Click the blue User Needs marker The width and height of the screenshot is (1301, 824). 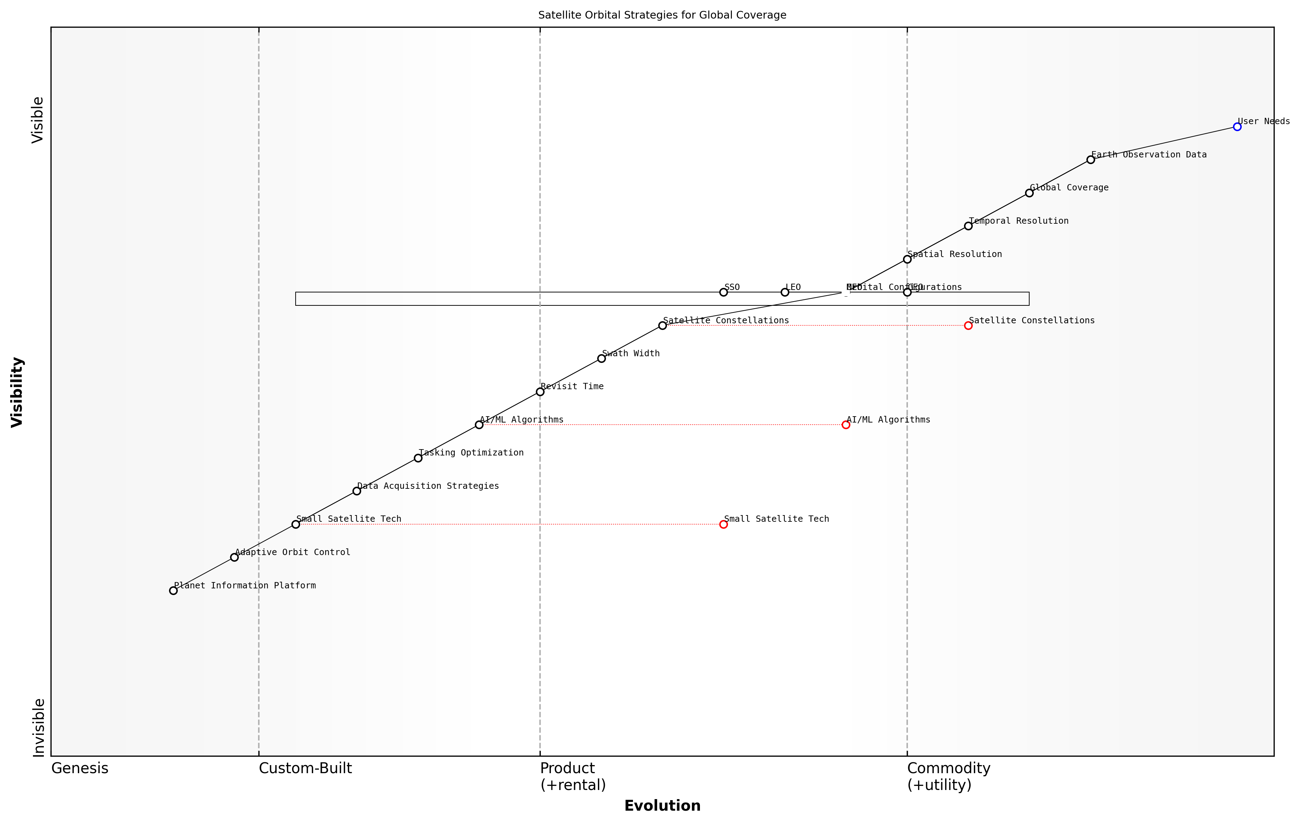(1237, 127)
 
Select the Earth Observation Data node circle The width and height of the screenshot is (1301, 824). (1090, 160)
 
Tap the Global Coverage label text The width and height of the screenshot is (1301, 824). (1069, 188)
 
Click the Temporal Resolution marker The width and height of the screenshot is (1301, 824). (968, 226)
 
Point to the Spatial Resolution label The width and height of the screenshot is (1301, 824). (954, 254)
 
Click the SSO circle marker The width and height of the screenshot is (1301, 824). (723, 292)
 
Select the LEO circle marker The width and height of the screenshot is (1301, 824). (784, 292)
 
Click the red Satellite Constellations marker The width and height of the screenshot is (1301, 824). (968, 325)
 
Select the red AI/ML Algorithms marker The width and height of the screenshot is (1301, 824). (845, 425)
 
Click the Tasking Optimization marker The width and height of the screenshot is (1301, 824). (418, 458)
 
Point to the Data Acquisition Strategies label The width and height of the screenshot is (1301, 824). (427, 486)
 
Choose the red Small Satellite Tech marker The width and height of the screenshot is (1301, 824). (723, 524)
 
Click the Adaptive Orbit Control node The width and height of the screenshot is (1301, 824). (234, 557)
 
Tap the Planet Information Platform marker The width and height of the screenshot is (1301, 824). (173, 590)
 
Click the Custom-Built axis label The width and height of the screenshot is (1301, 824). (305, 768)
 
